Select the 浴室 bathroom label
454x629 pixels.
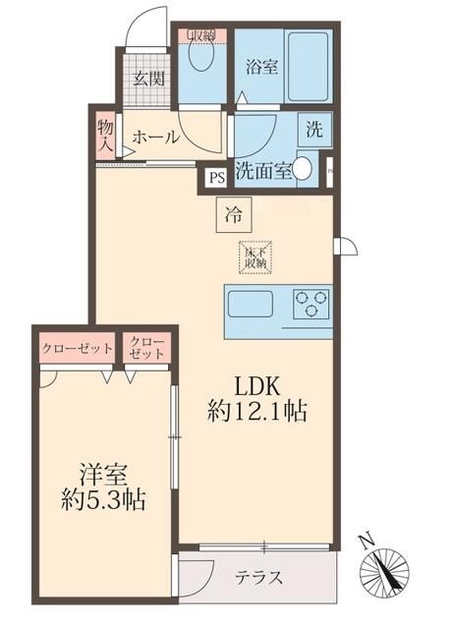point(260,68)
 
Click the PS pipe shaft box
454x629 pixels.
point(215,178)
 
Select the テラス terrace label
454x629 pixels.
point(258,577)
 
